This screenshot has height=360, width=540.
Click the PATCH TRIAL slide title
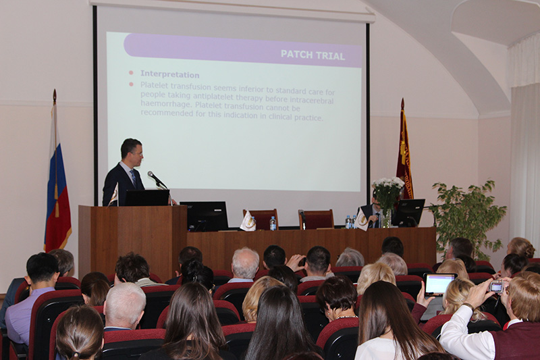[x=313, y=55]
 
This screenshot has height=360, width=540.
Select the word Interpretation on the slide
[x=170, y=74]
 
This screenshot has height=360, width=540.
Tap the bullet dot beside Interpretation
[x=131, y=73]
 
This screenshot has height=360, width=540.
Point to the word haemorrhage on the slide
[x=166, y=103]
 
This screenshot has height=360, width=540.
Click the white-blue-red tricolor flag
[x=57, y=193]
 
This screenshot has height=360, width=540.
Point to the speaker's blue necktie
[x=133, y=177]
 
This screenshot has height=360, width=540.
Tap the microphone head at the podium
[x=150, y=174]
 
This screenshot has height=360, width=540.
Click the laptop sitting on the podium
[x=146, y=198]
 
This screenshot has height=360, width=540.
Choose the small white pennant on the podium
[x=113, y=197]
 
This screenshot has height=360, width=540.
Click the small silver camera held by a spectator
[x=497, y=286]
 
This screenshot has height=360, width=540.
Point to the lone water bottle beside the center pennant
[x=273, y=224]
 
